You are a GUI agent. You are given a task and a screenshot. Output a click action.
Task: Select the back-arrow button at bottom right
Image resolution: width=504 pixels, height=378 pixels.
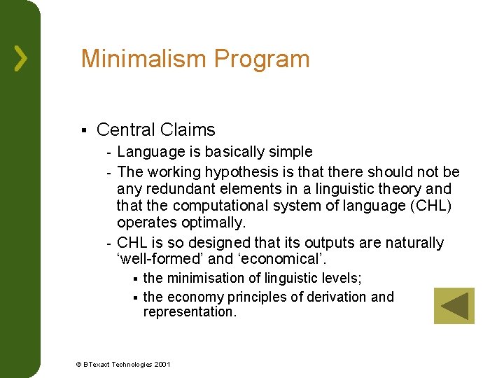[x=454, y=306]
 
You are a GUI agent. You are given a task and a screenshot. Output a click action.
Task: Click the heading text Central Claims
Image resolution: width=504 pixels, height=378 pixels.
[x=155, y=129]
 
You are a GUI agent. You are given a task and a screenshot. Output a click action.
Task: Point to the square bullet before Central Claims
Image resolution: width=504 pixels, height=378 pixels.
[x=83, y=130]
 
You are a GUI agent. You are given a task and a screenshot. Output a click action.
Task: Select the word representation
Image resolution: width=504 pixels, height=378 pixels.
[x=189, y=312]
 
